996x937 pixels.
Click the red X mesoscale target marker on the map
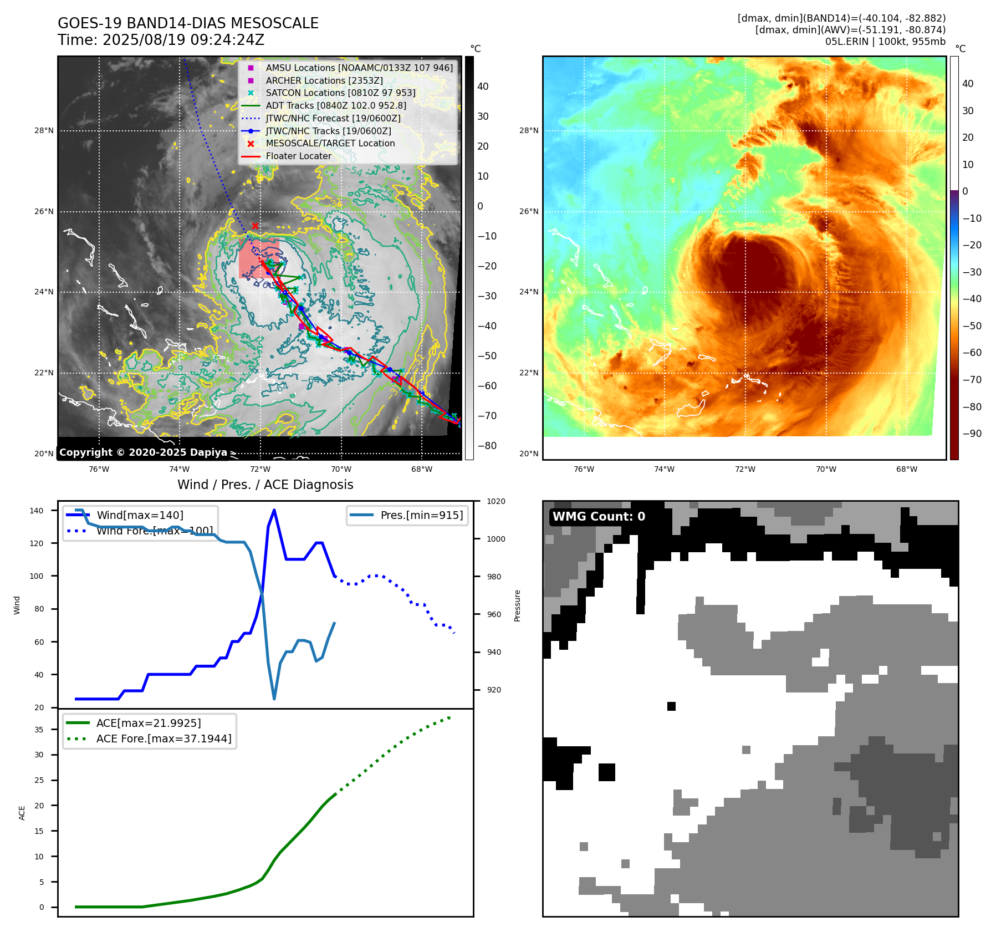255,226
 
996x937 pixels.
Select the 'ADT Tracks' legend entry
335,105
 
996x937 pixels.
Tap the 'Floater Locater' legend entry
298,156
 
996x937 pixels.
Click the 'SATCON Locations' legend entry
340,93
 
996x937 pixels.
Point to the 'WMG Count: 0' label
599,517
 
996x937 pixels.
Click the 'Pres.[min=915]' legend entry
421,515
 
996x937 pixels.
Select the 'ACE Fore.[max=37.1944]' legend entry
164,739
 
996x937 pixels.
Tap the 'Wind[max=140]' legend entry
140,515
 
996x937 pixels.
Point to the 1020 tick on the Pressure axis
496,501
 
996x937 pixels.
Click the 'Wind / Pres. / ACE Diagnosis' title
265,485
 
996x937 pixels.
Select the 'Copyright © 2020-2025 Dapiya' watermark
143,452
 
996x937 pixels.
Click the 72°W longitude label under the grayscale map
260,470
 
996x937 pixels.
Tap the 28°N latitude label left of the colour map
529,131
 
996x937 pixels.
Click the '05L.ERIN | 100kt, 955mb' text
885,42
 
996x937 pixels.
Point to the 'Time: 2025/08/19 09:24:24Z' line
161,40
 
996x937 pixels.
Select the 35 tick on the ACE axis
39,730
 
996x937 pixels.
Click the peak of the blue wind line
274,510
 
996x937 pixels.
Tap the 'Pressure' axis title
517,605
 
